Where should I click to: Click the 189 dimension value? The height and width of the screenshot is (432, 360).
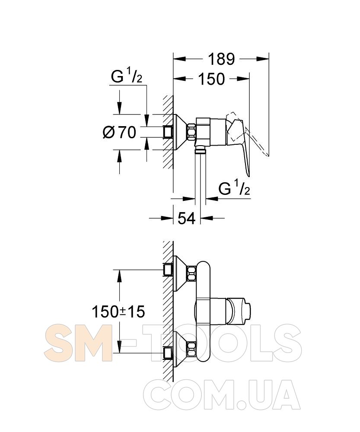(221, 59)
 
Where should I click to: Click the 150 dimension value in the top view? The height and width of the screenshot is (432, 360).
(211, 79)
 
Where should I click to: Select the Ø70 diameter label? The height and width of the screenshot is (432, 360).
(120, 132)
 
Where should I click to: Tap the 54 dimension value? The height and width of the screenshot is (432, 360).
(186, 219)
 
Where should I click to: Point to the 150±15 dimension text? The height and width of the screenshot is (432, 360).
(118, 312)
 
